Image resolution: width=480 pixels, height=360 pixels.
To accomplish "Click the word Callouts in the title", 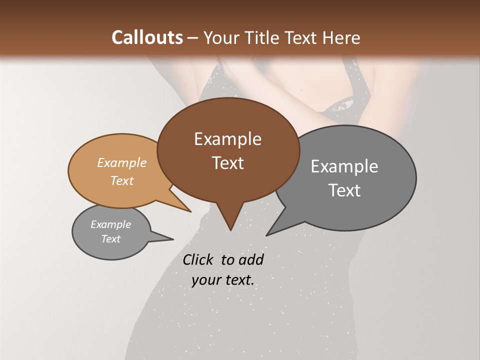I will pyautogui.click(x=147, y=37).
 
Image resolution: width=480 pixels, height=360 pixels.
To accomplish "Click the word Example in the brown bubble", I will pyautogui.click(x=227, y=139).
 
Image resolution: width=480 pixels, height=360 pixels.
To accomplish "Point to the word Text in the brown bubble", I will pyautogui.click(x=227, y=163).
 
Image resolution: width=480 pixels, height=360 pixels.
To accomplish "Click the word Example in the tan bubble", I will pyautogui.click(x=122, y=162).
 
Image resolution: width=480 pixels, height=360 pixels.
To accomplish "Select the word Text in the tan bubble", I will pyautogui.click(x=122, y=180).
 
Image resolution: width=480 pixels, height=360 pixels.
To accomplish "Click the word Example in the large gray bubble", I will pyautogui.click(x=344, y=166).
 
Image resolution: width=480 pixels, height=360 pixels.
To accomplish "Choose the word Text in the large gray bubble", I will pyautogui.click(x=344, y=190).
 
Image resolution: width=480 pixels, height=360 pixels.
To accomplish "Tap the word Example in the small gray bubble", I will pyautogui.click(x=110, y=224).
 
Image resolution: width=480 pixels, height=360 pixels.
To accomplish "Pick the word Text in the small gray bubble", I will pyautogui.click(x=110, y=239).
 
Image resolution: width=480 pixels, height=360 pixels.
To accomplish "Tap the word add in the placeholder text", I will pyautogui.click(x=250, y=259).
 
